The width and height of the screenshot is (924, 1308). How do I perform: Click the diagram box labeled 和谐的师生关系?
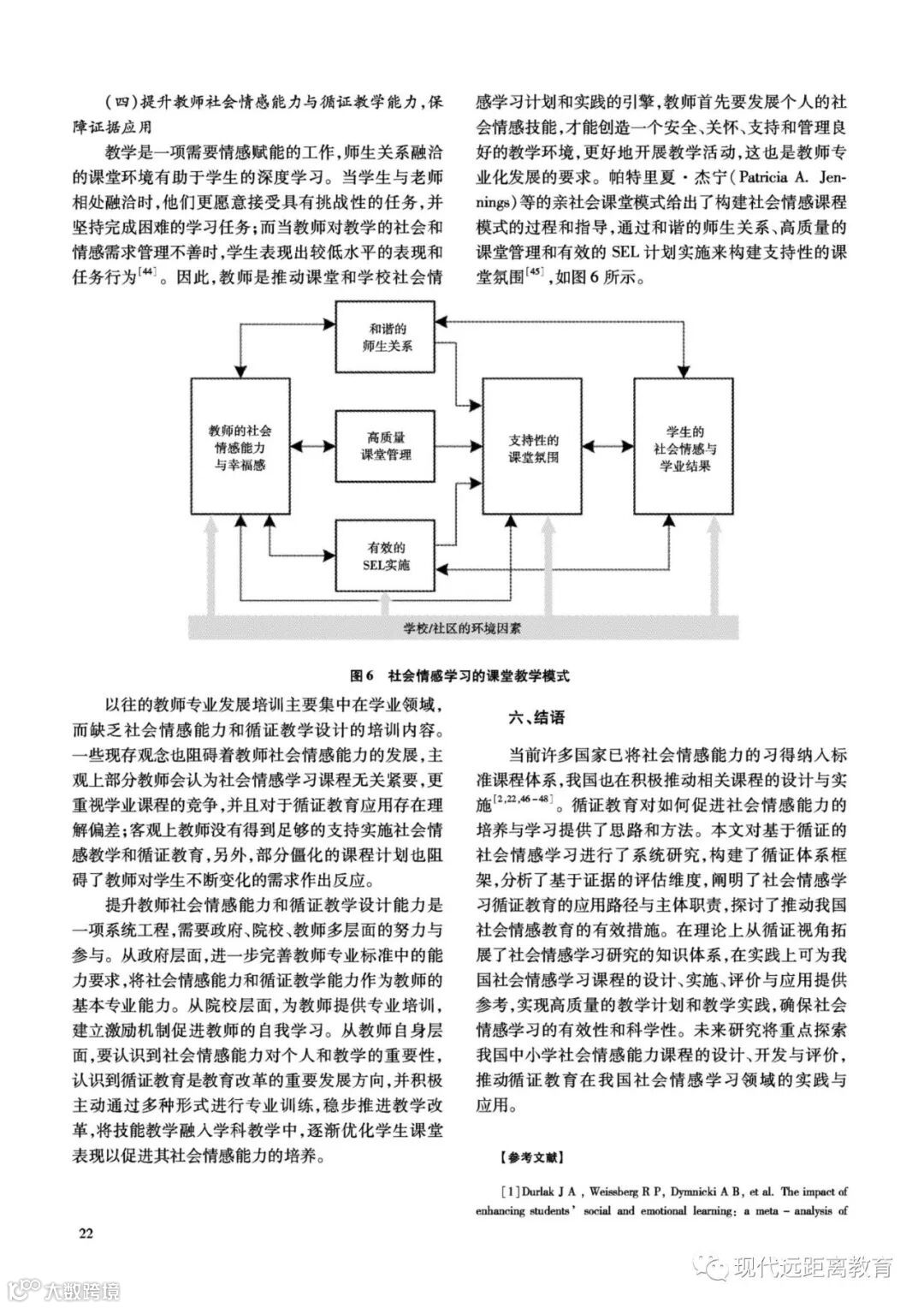[387, 337]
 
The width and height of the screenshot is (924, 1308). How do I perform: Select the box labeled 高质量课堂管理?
[387, 446]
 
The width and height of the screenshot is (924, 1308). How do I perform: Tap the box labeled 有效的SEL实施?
[387, 556]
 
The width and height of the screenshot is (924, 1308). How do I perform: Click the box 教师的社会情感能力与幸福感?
[241, 446]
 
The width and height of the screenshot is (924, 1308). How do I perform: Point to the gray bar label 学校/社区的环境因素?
[463, 627]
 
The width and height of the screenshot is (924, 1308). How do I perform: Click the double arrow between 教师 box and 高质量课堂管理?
[314, 446]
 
